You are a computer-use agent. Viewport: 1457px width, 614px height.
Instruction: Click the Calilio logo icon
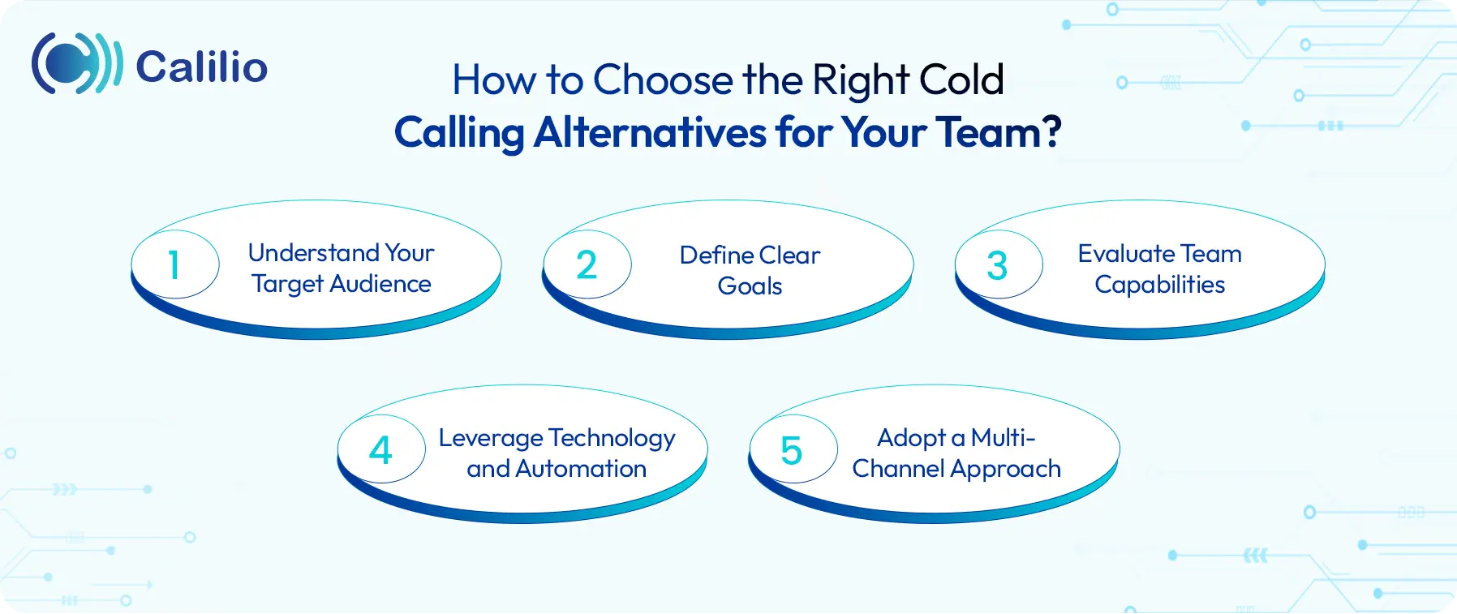coord(76,64)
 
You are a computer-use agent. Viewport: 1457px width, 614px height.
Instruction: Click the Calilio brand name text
coord(202,67)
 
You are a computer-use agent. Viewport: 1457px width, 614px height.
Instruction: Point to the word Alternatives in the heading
coord(650,132)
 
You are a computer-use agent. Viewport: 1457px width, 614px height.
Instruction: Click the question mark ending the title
coord(1051,131)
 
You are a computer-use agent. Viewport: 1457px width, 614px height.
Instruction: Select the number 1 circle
coord(174,265)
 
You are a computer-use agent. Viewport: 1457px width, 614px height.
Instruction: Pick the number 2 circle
coord(587,265)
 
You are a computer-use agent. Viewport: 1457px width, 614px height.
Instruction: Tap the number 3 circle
coord(998,265)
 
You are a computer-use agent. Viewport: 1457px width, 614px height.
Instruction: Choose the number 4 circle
coord(380,450)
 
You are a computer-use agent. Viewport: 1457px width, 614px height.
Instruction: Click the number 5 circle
coord(792,450)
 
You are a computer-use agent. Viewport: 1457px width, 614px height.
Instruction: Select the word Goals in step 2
coord(750,286)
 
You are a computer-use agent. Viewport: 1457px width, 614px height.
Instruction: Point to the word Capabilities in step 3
coord(1159,285)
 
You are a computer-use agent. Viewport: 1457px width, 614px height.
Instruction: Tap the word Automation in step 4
coord(581,469)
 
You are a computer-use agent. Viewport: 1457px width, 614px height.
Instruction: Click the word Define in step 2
coord(716,255)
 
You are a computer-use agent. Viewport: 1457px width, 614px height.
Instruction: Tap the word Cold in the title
coord(961,80)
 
